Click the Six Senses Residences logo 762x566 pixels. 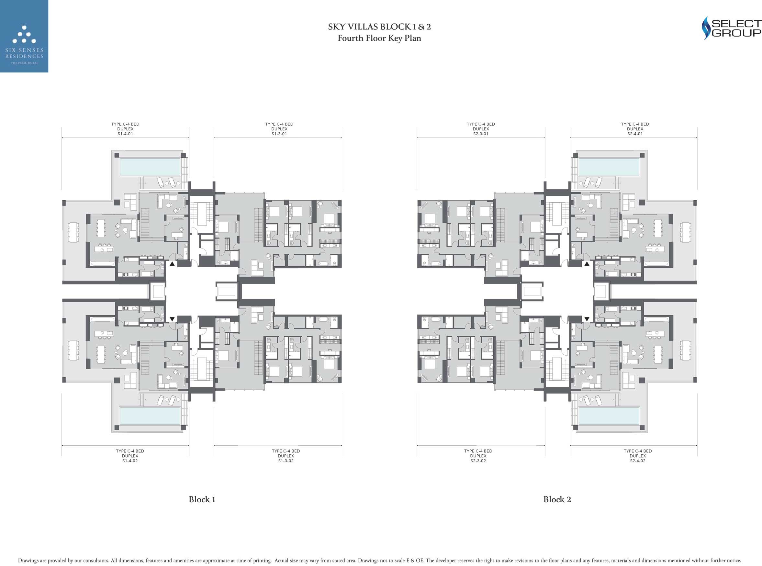(24, 36)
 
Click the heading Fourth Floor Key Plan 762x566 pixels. (379, 38)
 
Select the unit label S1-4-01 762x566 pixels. (125, 134)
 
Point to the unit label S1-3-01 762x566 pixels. (279, 134)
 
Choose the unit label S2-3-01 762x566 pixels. (481, 134)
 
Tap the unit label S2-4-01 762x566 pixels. (635, 134)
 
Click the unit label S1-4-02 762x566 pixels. (130, 461)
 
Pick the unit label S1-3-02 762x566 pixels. (286, 461)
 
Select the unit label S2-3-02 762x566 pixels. (478, 461)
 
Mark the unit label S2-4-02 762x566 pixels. (638, 461)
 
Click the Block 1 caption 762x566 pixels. (202, 500)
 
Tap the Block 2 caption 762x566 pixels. (557, 500)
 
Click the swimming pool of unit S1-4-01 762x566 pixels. (150, 167)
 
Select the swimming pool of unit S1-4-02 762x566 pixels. (150, 416)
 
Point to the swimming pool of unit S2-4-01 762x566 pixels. (609, 167)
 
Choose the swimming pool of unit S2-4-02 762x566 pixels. (609, 416)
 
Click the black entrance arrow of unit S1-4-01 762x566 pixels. (172, 264)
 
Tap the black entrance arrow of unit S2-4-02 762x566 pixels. (587, 319)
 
